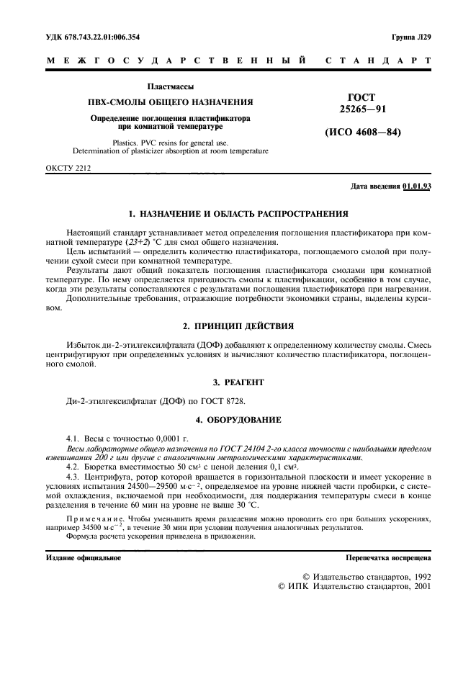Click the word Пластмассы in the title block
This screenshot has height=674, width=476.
(x=170, y=87)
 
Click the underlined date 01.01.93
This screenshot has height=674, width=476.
(x=417, y=186)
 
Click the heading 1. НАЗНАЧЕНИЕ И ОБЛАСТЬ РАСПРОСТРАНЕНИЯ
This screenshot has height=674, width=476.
(x=238, y=214)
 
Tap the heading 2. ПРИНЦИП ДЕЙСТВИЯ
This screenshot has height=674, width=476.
(x=238, y=326)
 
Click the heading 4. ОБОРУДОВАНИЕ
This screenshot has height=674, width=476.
(x=238, y=419)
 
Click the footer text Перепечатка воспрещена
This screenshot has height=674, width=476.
(x=388, y=557)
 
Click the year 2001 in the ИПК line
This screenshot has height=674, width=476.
(x=417, y=586)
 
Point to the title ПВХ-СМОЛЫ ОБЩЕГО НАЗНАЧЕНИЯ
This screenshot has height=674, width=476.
(x=170, y=102)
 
